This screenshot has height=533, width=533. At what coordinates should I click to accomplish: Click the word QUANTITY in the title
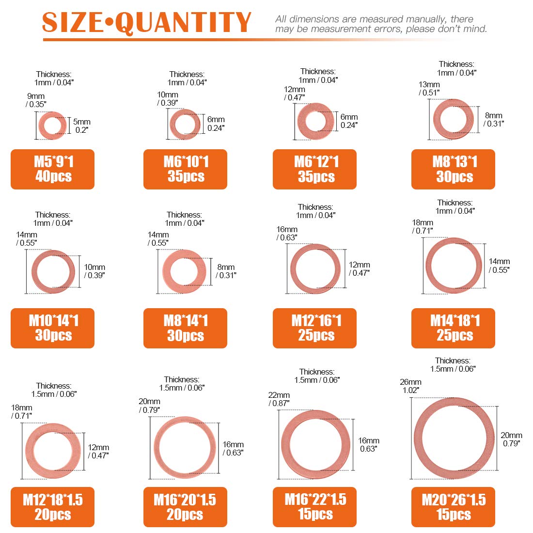pyautogui.click(x=185, y=23)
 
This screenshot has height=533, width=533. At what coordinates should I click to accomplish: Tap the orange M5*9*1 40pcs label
pyautogui.click(x=52, y=169)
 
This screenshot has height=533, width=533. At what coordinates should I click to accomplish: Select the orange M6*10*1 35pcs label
pyautogui.click(x=185, y=169)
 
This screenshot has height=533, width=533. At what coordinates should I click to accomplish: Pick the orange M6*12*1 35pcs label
pyautogui.click(x=314, y=169)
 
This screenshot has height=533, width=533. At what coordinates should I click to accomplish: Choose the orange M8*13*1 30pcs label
pyautogui.click(x=453, y=169)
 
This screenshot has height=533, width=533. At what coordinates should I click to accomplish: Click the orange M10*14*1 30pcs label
pyautogui.click(x=52, y=328)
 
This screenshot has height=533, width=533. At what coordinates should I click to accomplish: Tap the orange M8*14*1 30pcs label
pyautogui.click(x=185, y=328)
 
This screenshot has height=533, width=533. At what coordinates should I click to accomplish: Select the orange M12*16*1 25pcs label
pyautogui.click(x=314, y=328)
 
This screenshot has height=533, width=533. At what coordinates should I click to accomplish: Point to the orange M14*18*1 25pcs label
pyautogui.click(x=453, y=328)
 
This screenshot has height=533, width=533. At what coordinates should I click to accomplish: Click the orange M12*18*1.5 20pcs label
pyautogui.click(x=52, y=507)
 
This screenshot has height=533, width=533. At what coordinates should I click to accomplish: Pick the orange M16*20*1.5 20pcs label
pyautogui.click(x=185, y=507)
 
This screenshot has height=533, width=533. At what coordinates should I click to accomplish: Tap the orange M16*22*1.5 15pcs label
pyautogui.click(x=314, y=507)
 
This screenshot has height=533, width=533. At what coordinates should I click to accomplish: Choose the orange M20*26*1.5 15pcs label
pyautogui.click(x=453, y=507)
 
